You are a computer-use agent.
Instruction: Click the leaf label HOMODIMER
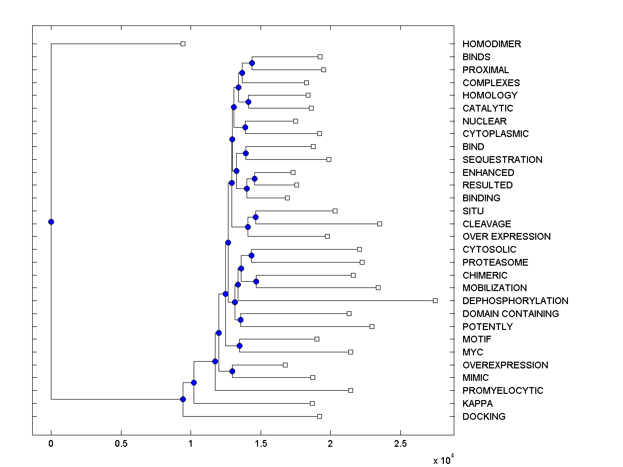[492, 44]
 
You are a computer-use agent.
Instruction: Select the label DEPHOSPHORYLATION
[515, 301]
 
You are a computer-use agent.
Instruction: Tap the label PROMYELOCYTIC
[503, 391]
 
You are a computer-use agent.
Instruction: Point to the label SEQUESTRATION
[502, 160]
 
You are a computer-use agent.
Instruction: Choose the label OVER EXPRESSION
[506, 237]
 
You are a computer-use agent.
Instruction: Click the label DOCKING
[484, 417]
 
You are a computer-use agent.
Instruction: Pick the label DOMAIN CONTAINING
[510, 314]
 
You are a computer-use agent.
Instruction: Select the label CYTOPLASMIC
[495, 134]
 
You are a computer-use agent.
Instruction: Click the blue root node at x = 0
[51, 222]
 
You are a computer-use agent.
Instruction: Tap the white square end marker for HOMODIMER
[183, 44]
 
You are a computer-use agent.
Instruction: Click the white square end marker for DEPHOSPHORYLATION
[435, 300]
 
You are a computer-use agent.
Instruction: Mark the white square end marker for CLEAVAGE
[380, 224]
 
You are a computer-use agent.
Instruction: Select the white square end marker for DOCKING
[319, 416]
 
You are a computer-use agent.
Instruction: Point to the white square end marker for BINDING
[287, 198]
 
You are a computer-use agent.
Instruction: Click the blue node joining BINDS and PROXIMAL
[252, 63]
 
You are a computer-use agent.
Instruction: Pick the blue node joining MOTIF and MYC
[239, 346]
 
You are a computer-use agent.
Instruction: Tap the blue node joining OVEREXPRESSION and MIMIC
[232, 371]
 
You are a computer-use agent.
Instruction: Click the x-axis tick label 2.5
[400, 444]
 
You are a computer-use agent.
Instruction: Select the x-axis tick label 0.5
[121, 444]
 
